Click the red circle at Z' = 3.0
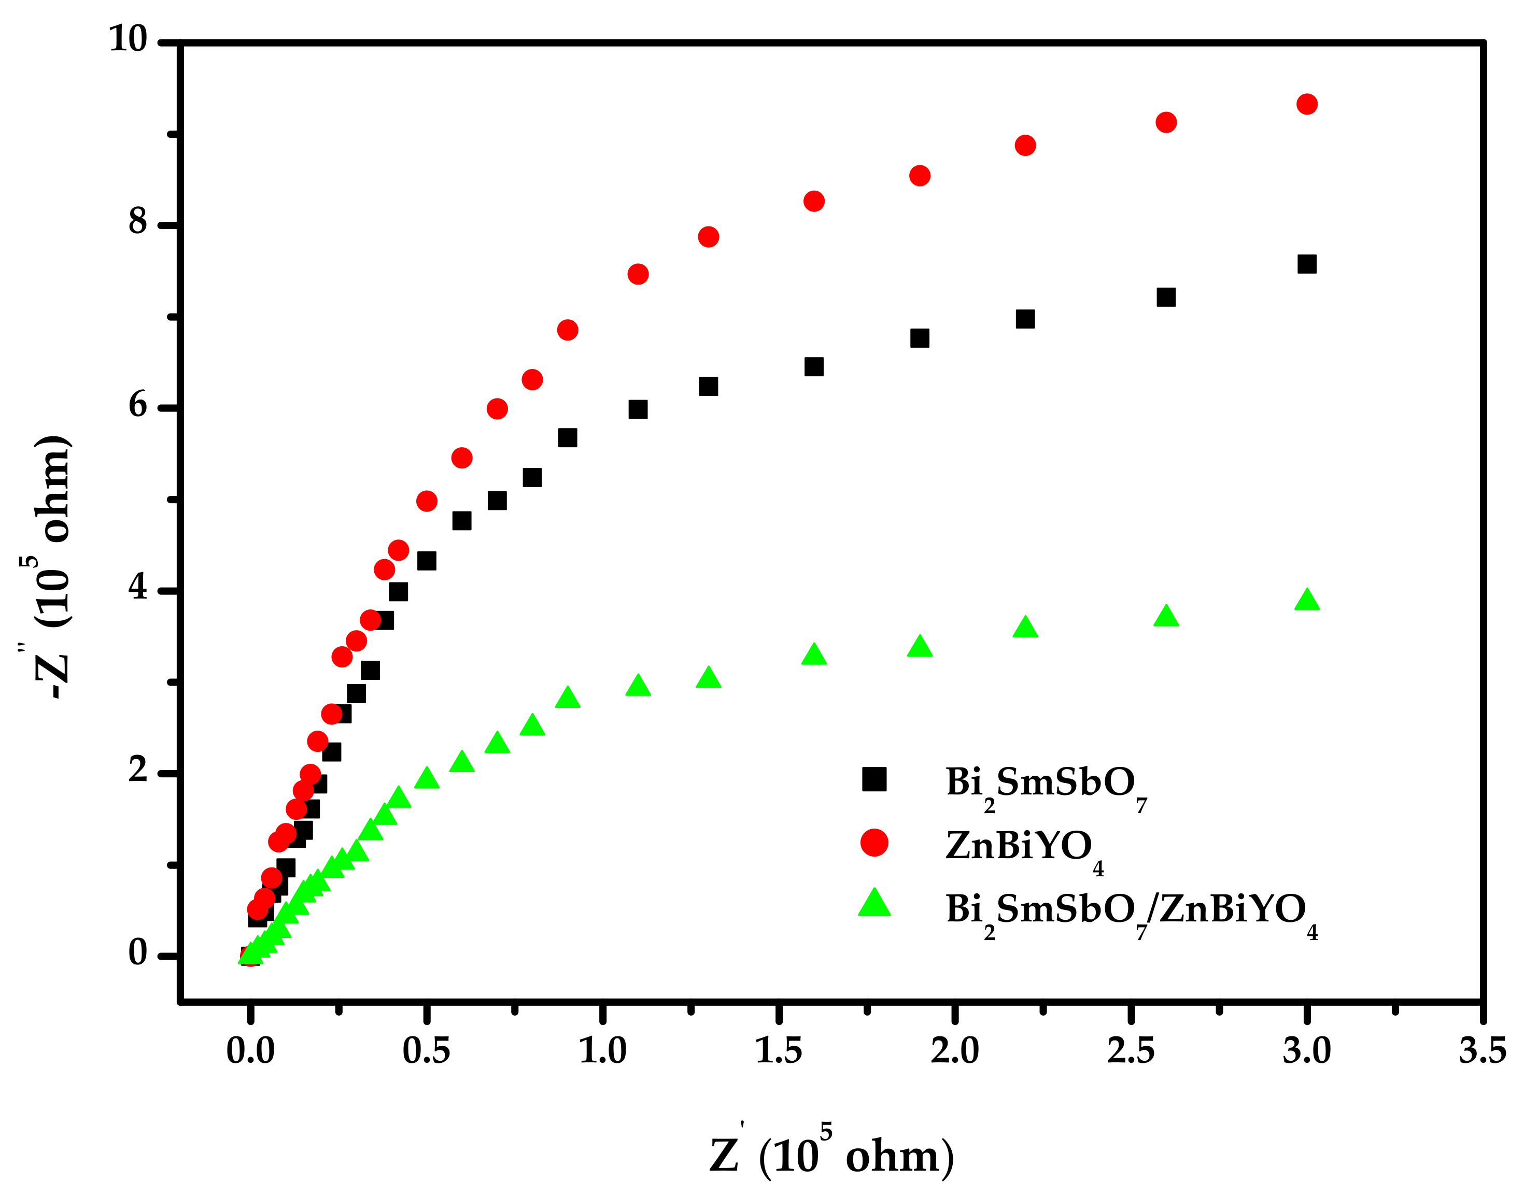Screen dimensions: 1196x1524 1306,104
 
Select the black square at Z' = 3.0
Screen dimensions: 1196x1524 1306,264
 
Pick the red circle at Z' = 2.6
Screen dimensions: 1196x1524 1165,122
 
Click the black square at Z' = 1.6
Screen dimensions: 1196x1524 813,367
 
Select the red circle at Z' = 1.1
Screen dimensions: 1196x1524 638,274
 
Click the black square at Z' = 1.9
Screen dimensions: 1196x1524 919,338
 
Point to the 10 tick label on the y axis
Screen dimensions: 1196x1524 128,39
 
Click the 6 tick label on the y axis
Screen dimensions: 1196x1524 138,406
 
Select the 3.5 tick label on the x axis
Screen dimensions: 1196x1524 1482,1051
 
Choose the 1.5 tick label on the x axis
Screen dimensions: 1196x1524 778,1051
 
